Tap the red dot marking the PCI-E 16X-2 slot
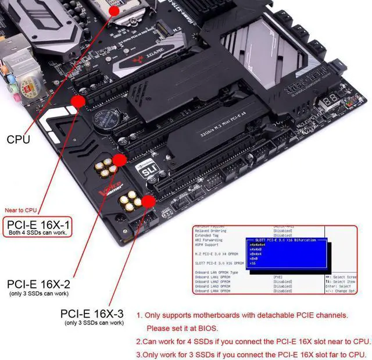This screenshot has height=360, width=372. click(x=119, y=159)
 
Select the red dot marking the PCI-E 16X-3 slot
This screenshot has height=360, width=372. click(x=148, y=201)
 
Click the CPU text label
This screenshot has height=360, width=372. click(x=19, y=140)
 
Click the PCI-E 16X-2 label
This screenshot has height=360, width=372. click(x=38, y=284)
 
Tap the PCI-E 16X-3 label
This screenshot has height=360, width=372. click(x=92, y=313)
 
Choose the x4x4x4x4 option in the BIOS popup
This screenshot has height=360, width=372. click(x=259, y=244)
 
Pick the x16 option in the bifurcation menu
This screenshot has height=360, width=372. click(x=252, y=263)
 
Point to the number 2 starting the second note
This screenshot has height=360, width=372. click(x=138, y=341)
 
